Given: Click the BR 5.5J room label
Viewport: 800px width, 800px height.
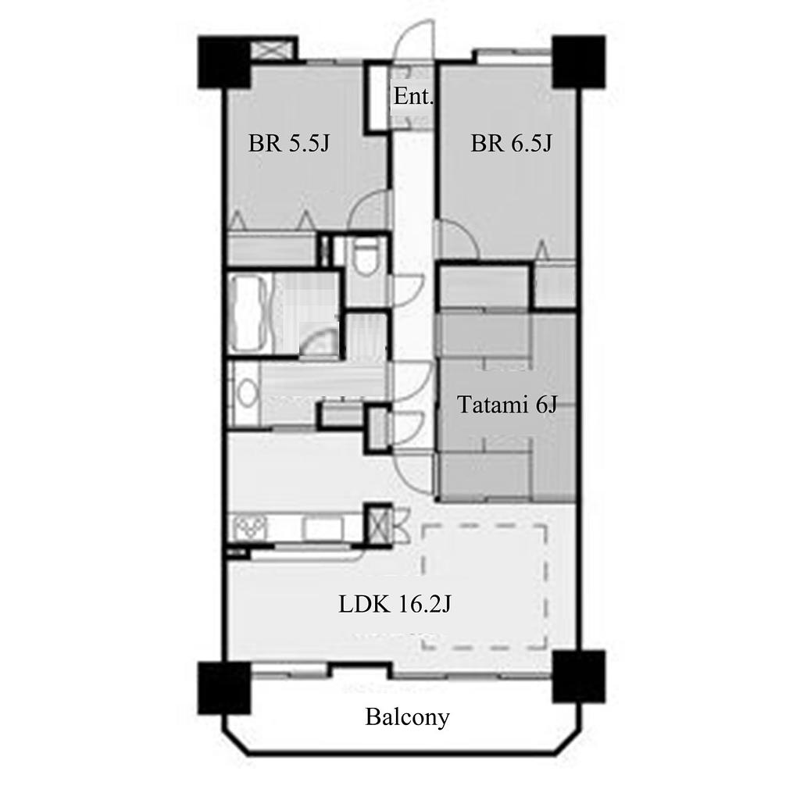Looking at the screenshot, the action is click(x=289, y=144).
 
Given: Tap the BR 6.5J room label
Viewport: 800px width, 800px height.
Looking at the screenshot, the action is click(x=511, y=144).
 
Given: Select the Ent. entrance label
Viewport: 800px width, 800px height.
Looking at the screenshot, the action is click(x=413, y=96).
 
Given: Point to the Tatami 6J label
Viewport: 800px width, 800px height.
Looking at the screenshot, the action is click(x=506, y=405).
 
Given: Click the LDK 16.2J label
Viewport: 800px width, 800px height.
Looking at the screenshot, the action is click(x=395, y=605).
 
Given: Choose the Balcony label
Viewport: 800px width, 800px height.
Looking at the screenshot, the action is click(x=407, y=717).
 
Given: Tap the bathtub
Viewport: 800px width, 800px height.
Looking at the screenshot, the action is click(x=248, y=312).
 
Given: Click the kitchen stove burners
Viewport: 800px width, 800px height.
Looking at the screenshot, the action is click(x=249, y=528).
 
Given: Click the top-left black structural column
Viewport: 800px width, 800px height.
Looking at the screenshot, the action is click(x=224, y=62).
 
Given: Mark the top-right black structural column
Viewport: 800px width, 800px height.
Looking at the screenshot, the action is click(x=579, y=62).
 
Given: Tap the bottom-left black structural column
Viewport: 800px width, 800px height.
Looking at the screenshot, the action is click(x=224, y=687).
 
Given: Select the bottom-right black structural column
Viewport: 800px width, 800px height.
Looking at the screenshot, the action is click(x=579, y=677).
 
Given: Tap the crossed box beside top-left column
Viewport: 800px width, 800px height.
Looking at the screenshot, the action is click(x=273, y=50).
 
